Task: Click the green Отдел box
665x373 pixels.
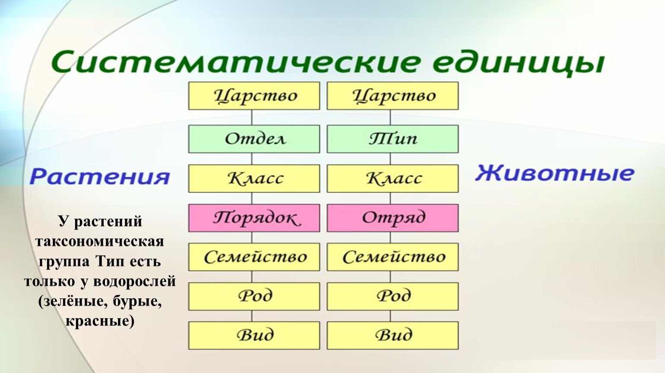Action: pyautogui.click(x=254, y=139)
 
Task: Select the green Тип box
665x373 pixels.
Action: pyautogui.click(x=393, y=139)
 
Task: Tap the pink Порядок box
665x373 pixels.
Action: pyautogui.click(x=254, y=218)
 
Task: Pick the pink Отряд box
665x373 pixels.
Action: pyautogui.click(x=393, y=218)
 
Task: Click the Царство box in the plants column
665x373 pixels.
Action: pyautogui.click(x=254, y=96)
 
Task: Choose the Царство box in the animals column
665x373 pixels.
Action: pyautogui.click(x=393, y=96)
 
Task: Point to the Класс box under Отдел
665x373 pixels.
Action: pyautogui.click(x=254, y=179)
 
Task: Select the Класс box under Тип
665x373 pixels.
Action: pyautogui.click(x=393, y=179)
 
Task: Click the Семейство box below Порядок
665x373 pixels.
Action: pyautogui.click(x=254, y=257)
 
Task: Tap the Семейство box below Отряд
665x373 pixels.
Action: pyautogui.click(x=393, y=257)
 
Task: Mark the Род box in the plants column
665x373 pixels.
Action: pyautogui.click(x=254, y=297)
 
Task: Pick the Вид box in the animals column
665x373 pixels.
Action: pyautogui.click(x=393, y=335)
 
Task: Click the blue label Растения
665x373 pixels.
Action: pyautogui.click(x=99, y=177)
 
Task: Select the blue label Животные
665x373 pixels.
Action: pyautogui.click(x=554, y=173)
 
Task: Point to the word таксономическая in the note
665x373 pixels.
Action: pyautogui.click(x=100, y=242)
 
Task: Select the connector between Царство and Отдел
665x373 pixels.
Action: pyautogui.click(x=252, y=117)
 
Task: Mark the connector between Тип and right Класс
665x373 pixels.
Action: pyautogui.click(x=390, y=159)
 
